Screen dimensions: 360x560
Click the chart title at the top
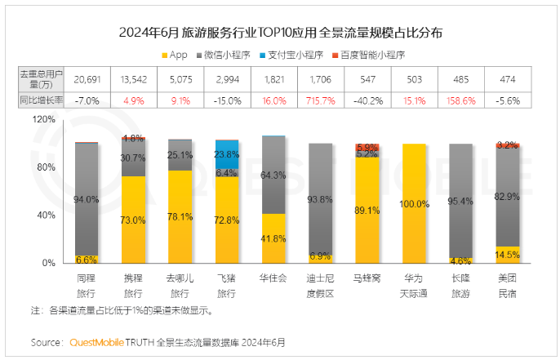click(281, 33)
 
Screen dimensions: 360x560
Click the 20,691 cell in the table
click(87, 78)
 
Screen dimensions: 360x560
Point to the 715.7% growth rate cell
click(321, 100)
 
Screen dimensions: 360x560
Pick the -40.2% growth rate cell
click(367, 100)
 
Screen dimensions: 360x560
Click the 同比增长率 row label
click(40, 100)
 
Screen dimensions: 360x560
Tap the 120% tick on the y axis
click(43, 118)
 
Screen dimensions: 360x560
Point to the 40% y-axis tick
click(46, 216)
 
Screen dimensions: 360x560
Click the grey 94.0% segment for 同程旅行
click(87, 199)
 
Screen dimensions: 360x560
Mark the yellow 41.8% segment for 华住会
click(273, 238)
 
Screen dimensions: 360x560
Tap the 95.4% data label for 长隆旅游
click(460, 201)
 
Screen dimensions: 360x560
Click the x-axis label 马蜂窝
click(367, 279)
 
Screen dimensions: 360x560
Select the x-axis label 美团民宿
click(507, 285)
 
